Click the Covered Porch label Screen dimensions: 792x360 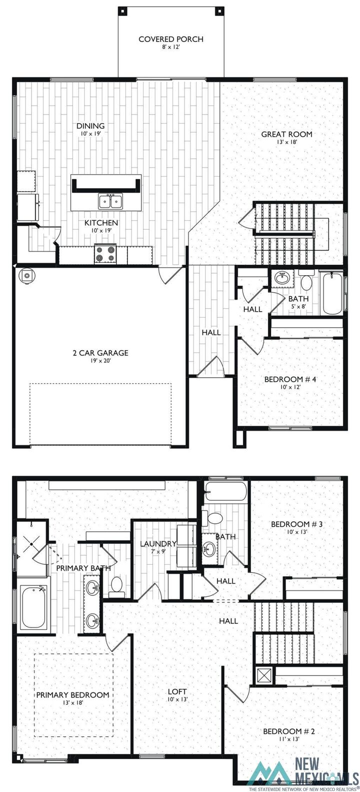point(171,39)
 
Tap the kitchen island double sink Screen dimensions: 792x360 point(111,201)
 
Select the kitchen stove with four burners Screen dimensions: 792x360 point(105,254)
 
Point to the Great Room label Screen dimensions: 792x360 point(286,134)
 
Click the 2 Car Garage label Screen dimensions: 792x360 point(100,353)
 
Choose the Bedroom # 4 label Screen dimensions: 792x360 point(290,379)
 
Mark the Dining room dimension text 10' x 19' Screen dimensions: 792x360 point(90,134)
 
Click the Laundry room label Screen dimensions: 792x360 point(157,544)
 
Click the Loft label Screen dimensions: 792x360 point(177,692)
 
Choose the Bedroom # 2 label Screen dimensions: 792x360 point(289,731)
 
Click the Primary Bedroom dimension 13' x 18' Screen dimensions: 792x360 point(72,703)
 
